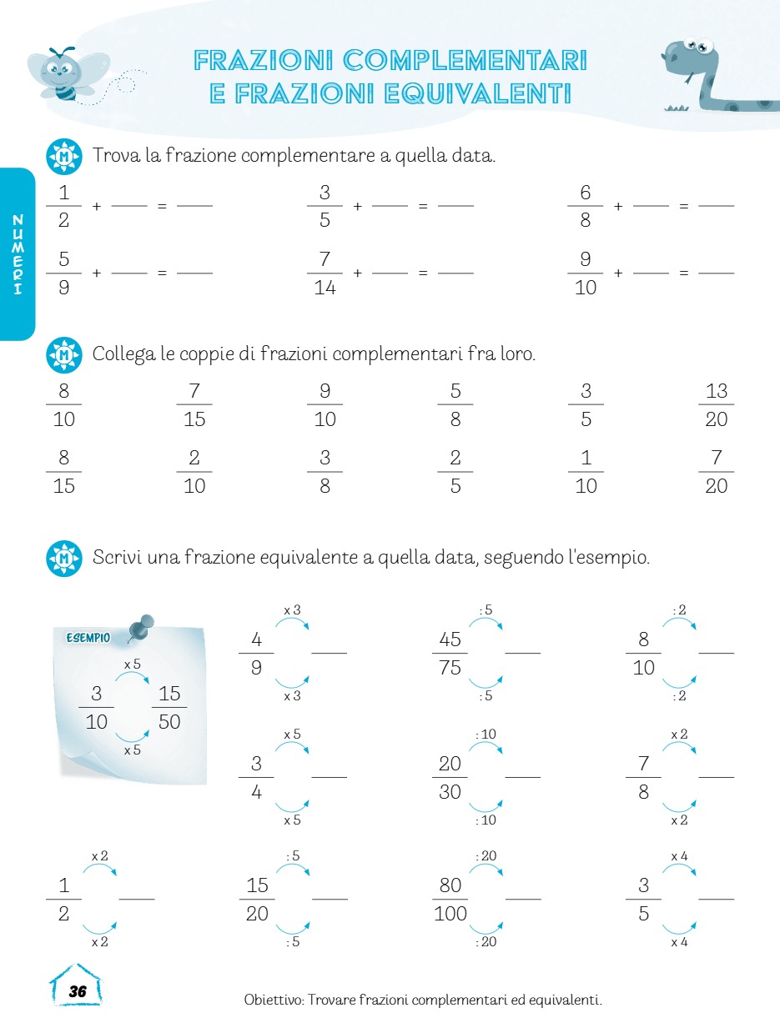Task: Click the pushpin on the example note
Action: tap(143, 626)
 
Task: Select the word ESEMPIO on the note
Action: tap(88, 638)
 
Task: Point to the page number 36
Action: tap(78, 991)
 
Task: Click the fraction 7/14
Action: tap(325, 273)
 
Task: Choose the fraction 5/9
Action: tap(63, 273)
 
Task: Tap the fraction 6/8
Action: tap(586, 206)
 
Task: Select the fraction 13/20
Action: tap(716, 404)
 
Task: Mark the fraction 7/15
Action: tap(194, 404)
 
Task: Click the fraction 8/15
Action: tap(63, 472)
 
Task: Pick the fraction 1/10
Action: tap(586, 472)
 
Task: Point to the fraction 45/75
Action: tap(450, 653)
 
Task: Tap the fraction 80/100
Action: tap(450, 899)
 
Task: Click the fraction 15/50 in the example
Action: tap(169, 708)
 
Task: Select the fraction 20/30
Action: tap(450, 777)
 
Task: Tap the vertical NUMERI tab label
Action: tap(18, 254)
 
